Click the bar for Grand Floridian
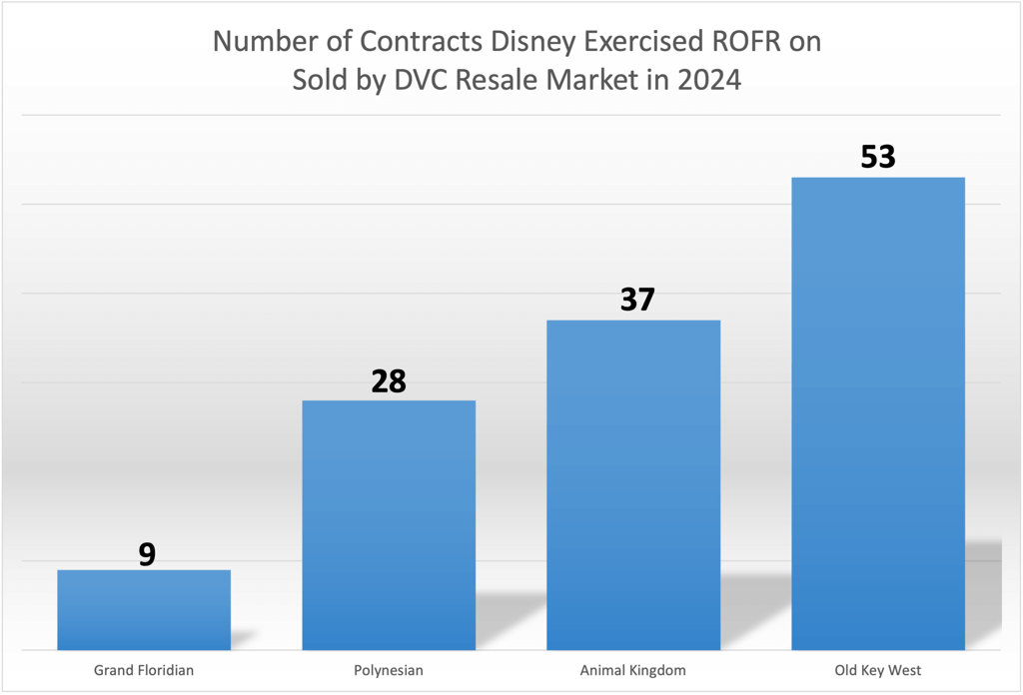144,609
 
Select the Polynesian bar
389,524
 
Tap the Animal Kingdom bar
633,484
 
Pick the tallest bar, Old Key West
878,413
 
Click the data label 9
147,555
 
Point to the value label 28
389,381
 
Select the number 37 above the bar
635,300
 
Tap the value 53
878,158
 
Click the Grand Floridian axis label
144,670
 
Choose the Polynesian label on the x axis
389,670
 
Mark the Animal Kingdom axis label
633,670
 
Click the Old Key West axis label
878,670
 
